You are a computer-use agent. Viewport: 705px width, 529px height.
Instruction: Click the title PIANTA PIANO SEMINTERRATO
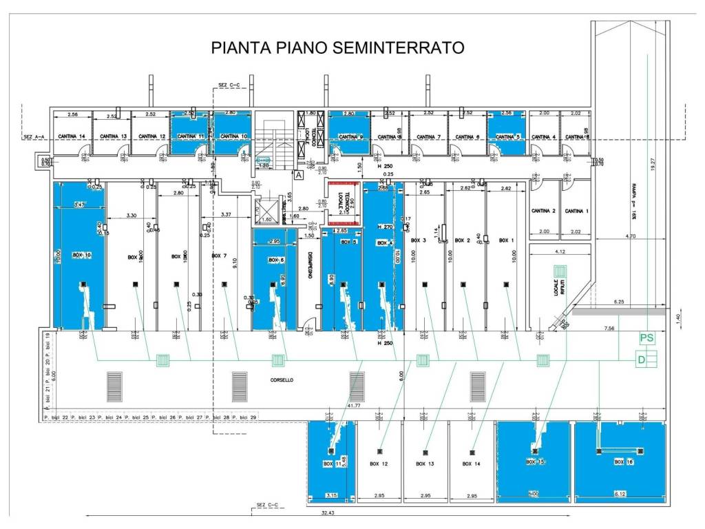[337, 48]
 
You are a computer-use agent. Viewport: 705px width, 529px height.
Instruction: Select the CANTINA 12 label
[151, 136]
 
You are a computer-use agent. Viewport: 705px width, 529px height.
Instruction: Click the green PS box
[646, 338]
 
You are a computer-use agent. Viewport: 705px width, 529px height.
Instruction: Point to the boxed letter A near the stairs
[299, 175]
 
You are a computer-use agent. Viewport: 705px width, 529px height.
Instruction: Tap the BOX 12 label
[379, 464]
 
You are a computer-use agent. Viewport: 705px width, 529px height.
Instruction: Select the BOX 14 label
[472, 464]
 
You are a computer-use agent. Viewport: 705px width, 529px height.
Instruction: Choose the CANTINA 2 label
[544, 211]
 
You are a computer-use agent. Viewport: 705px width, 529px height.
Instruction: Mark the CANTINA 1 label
[577, 211]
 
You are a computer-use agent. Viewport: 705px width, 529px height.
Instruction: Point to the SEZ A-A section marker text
[34, 136]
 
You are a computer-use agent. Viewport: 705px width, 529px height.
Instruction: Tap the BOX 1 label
[506, 240]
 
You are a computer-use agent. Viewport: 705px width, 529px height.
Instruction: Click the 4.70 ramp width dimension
[629, 236]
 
